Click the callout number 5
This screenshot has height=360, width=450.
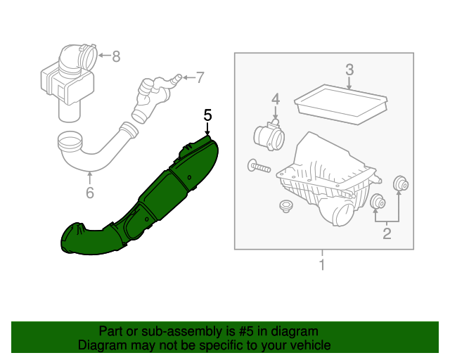(207, 114)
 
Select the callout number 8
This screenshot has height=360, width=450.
(116, 55)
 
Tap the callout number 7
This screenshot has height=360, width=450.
(199, 77)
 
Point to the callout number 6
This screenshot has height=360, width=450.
(89, 192)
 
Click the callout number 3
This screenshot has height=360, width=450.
(349, 70)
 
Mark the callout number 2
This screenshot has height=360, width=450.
(387, 233)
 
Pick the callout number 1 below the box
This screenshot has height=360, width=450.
(322, 265)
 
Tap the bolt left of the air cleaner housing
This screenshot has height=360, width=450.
(258, 167)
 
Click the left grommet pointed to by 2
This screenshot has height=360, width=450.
(377, 202)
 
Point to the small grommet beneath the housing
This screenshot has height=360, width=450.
(285, 207)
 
